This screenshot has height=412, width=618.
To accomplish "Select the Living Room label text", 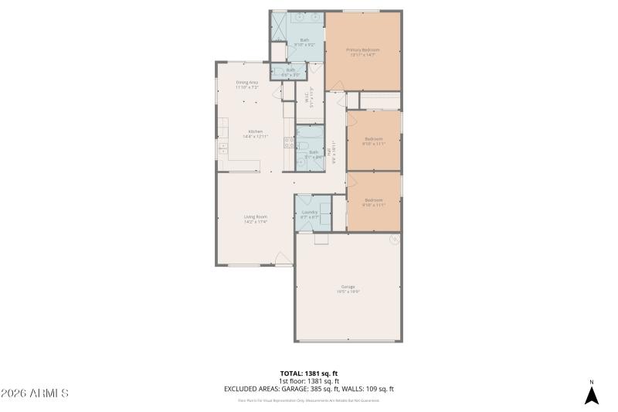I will (255, 219).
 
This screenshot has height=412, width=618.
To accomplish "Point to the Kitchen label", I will (255, 133).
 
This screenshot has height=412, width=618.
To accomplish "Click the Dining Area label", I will (247, 84).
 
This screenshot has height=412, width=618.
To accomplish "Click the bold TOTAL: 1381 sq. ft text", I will (309, 373).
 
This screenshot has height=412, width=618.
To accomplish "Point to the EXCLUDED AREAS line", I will (309, 389).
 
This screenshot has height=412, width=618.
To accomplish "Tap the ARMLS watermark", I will (35, 393).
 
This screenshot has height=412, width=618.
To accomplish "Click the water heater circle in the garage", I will (392, 240).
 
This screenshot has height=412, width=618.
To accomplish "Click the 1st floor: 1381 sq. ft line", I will (309, 381).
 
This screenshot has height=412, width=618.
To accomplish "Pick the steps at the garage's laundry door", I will (321, 239).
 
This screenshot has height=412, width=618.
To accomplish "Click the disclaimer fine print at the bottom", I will (309, 400).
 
